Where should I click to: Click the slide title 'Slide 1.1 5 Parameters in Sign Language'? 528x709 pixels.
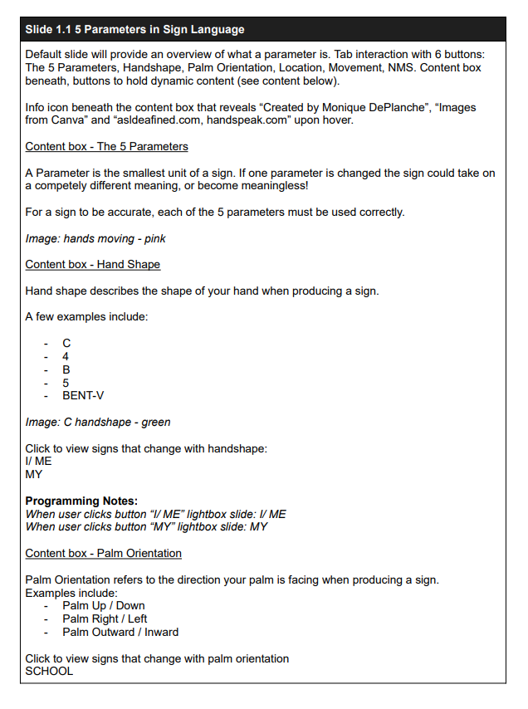(x=134, y=30)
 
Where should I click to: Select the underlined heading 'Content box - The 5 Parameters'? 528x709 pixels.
(x=106, y=147)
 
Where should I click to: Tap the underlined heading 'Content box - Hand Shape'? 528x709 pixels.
(x=92, y=264)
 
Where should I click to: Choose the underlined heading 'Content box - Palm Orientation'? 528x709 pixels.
(x=103, y=553)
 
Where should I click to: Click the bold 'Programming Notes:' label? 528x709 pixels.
(x=81, y=501)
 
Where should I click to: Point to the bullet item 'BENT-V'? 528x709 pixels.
(x=83, y=396)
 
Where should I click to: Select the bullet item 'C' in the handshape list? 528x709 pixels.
(x=66, y=343)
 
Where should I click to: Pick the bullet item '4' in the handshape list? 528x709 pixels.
(x=66, y=356)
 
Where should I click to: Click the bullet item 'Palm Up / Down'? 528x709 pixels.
(x=103, y=605)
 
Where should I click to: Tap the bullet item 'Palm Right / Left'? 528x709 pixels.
(x=105, y=619)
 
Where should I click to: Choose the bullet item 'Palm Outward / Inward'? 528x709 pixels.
(x=120, y=632)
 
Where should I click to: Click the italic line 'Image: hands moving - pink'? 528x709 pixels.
(x=95, y=238)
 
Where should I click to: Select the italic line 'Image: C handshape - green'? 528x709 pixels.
(x=98, y=422)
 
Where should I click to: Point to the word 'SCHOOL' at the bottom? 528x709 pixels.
(x=49, y=671)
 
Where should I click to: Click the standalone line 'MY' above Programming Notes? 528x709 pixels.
(x=33, y=475)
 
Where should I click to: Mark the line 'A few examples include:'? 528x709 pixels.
(x=86, y=316)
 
